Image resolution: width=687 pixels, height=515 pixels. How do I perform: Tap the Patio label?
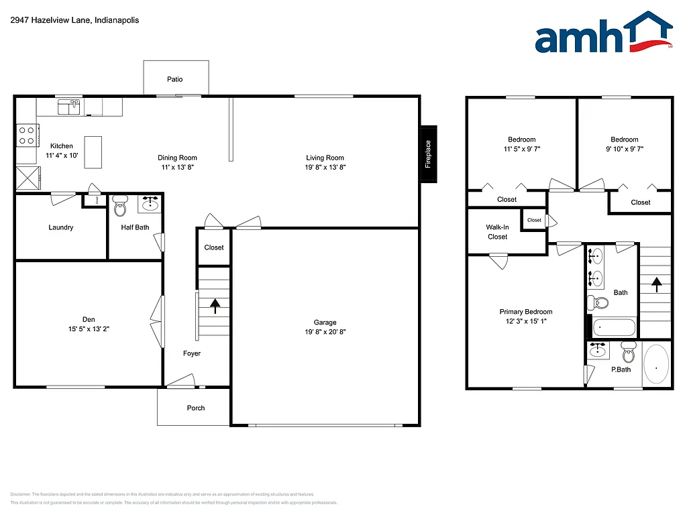(x=174, y=79)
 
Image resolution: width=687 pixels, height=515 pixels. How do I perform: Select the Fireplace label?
(x=428, y=154)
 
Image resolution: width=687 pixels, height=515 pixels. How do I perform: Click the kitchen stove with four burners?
(x=26, y=136)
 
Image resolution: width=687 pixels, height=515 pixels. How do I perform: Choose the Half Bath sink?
(x=149, y=203)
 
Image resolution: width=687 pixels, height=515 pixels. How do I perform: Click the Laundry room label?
(x=60, y=227)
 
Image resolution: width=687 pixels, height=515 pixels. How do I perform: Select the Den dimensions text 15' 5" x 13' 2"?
(x=88, y=329)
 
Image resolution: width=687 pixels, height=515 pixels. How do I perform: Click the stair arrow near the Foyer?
(x=215, y=306)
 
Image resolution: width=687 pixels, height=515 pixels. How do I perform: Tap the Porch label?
(x=196, y=408)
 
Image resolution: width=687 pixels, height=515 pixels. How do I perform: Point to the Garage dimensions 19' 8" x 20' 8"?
(x=325, y=331)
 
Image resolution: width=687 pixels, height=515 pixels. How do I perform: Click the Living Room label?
(x=325, y=158)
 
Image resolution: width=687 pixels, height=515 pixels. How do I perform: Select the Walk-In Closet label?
(x=497, y=232)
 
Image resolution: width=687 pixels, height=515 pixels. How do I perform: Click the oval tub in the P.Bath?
(x=656, y=364)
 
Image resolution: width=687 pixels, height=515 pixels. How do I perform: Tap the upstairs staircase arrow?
(x=655, y=284)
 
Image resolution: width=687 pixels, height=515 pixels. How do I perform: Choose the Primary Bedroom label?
(x=526, y=312)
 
